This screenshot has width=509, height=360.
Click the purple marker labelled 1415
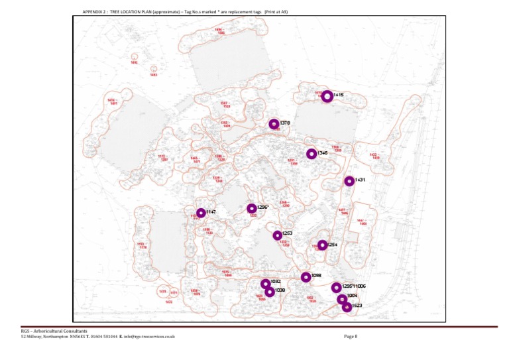pos(327,96)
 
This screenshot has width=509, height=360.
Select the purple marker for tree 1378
pos(274,124)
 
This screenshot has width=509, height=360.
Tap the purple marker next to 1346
pos(311,154)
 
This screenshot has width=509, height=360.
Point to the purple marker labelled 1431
pos(349,181)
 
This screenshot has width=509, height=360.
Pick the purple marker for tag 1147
pos(201,213)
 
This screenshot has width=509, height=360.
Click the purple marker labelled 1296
pos(252,209)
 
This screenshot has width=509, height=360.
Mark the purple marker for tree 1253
pos(277,235)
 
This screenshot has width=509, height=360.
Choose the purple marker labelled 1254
pos(322,245)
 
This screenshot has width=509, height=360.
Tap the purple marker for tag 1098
pos(306,277)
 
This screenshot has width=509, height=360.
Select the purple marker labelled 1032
pos(265,284)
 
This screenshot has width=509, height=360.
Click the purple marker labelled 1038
pos(269,292)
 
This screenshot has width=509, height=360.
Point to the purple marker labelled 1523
pos(347,306)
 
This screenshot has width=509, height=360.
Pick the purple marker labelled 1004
pos(342,299)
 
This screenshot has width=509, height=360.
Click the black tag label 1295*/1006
pos(354,286)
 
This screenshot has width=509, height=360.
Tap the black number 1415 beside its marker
pos(339,95)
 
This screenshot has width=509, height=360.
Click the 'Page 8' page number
pos(351,337)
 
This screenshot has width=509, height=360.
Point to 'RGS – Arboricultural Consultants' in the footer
pos(53,330)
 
